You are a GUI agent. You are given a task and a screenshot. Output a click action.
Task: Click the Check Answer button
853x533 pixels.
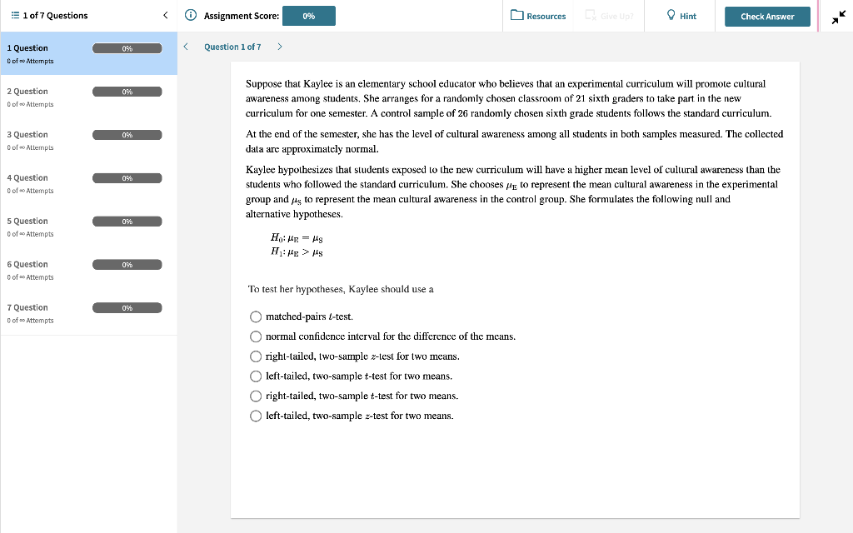pyautogui.click(x=767, y=17)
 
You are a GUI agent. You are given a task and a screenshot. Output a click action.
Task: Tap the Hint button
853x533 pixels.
pyautogui.click(x=681, y=17)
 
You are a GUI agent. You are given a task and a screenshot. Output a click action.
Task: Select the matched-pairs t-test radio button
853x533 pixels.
pyautogui.click(x=256, y=316)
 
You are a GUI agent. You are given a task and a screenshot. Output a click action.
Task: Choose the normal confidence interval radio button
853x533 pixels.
pyautogui.click(x=256, y=336)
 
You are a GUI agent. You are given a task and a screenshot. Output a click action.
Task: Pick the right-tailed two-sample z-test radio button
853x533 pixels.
pyautogui.click(x=256, y=356)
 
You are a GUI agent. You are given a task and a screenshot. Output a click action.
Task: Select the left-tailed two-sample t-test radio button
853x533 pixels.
pyautogui.click(x=256, y=376)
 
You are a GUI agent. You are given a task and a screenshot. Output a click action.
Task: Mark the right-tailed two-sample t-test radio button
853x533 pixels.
pyautogui.click(x=256, y=396)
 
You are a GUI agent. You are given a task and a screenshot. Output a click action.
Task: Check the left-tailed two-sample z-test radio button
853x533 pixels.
pyautogui.click(x=256, y=416)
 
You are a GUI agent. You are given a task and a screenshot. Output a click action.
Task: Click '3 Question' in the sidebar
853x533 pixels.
pyautogui.click(x=27, y=135)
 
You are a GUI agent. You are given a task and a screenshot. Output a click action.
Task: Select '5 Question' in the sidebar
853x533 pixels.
pyautogui.click(x=27, y=222)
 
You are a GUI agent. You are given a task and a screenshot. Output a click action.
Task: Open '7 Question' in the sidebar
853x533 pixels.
pyautogui.click(x=27, y=308)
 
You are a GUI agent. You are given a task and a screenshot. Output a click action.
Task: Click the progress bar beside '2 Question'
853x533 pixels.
pyautogui.click(x=127, y=92)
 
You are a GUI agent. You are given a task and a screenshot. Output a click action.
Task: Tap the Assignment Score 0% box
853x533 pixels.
pyautogui.click(x=309, y=17)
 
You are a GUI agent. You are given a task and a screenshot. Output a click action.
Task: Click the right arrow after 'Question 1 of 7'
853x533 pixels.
pyautogui.click(x=279, y=47)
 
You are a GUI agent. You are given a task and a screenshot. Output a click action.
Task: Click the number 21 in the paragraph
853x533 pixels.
pyautogui.click(x=581, y=98)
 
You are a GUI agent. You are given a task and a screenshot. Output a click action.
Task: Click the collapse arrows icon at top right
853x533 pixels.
pyautogui.click(x=837, y=17)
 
